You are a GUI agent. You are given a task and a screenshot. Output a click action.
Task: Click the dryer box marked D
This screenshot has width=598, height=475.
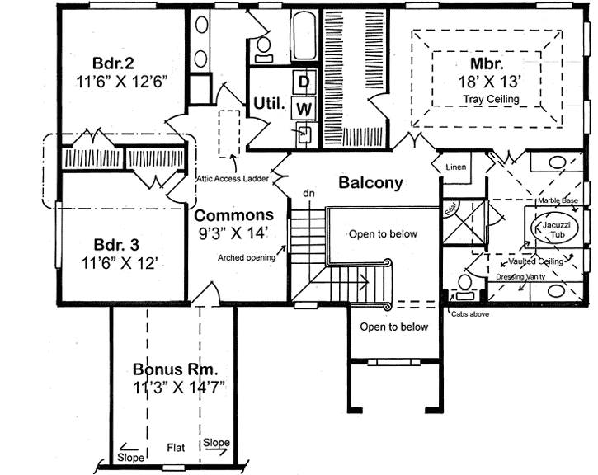[x=304, y=82]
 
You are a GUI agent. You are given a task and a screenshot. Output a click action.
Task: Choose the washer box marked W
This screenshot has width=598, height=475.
[x=304, y=107]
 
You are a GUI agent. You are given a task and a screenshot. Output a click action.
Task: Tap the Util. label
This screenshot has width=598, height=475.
[x=269, y=105]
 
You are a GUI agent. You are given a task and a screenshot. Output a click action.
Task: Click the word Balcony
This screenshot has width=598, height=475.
[x=370, y=183]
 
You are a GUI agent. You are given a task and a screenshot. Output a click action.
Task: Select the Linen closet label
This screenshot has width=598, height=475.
[x=455, y=167]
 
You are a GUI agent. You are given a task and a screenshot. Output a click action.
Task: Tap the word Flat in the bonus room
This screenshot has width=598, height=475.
[x=174, y=448]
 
